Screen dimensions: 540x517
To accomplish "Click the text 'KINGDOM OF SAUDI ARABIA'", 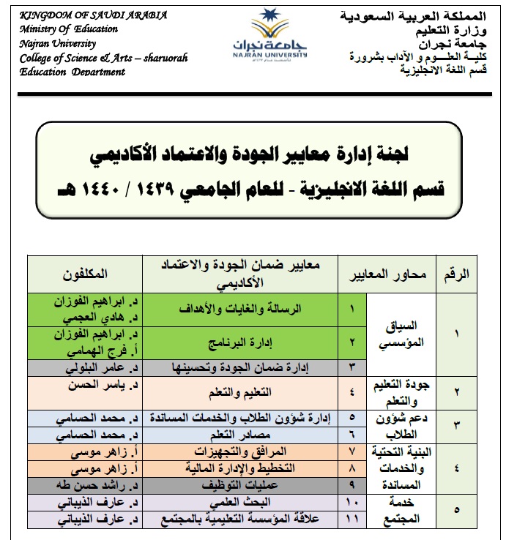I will click(x=94, y=15).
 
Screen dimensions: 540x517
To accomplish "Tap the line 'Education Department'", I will click(x=63, y=72).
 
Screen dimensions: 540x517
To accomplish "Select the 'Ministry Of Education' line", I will click(x=69, y=29).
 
